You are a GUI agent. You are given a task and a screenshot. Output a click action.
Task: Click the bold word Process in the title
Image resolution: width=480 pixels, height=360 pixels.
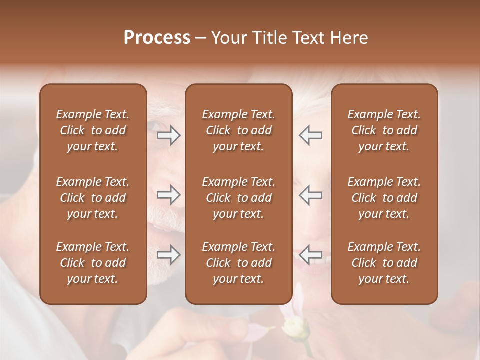(x=157, y=38)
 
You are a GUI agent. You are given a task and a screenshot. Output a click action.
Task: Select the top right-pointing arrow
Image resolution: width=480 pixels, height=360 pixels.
(x=169, y=135)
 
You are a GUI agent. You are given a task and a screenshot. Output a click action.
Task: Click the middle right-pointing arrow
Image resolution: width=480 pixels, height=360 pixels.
(x=169, y=195)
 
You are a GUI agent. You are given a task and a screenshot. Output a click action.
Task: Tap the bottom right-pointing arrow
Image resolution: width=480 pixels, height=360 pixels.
(x=169, y=255)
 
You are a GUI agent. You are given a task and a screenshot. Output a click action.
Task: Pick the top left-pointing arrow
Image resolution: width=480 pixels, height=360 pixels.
(x=310, y=135)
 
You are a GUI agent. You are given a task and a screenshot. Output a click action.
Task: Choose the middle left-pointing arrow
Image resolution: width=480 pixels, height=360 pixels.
(x=310, y=195)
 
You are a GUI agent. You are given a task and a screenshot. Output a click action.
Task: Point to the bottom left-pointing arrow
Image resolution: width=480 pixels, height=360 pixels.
(x=310, y=255)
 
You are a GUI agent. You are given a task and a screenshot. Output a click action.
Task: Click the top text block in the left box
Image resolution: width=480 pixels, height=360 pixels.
(x=93, y=130)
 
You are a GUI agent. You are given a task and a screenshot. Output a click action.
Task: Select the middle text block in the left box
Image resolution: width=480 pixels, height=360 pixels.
(x=93, y=198)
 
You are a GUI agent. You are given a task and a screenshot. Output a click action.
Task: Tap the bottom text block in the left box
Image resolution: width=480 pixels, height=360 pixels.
(x=93, y=263)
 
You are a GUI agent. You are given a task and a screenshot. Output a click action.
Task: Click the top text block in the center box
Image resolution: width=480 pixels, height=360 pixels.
(x=238, y=130)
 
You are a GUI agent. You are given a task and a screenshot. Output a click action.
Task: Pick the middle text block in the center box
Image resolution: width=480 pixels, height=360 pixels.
(x=238, y=198)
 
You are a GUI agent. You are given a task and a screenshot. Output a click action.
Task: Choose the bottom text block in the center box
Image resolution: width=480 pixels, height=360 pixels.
(x=238, y=263)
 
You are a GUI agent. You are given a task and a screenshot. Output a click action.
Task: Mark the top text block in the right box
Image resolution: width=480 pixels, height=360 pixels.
(x=384, y=130)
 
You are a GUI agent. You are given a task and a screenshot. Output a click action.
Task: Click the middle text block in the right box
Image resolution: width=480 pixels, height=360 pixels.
(x=384, y=198)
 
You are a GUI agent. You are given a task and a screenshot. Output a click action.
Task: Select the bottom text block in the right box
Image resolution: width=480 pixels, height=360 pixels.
(x=384, y=263)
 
